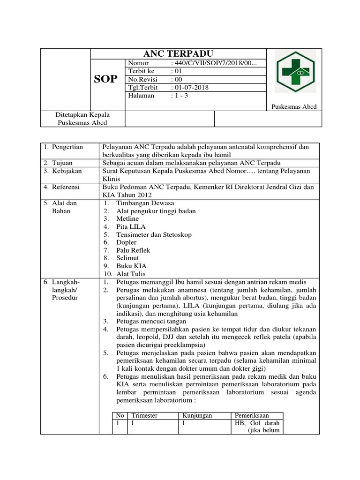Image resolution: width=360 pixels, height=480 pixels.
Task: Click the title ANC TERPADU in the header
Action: (178, 53)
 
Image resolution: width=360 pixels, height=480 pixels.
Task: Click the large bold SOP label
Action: (106, 79)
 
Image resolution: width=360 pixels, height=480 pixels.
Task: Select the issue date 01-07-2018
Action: (191, 88)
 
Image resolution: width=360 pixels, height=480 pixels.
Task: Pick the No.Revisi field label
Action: (142, 80)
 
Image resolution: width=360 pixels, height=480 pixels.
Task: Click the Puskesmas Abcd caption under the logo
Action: (294, 107)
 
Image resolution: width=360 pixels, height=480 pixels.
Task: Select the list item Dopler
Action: (127, 242)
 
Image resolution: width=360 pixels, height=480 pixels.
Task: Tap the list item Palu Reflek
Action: (134, 250)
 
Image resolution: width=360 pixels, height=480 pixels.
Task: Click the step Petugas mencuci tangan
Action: (151, 322)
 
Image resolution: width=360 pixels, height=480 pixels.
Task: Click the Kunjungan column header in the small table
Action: (198, 415)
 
